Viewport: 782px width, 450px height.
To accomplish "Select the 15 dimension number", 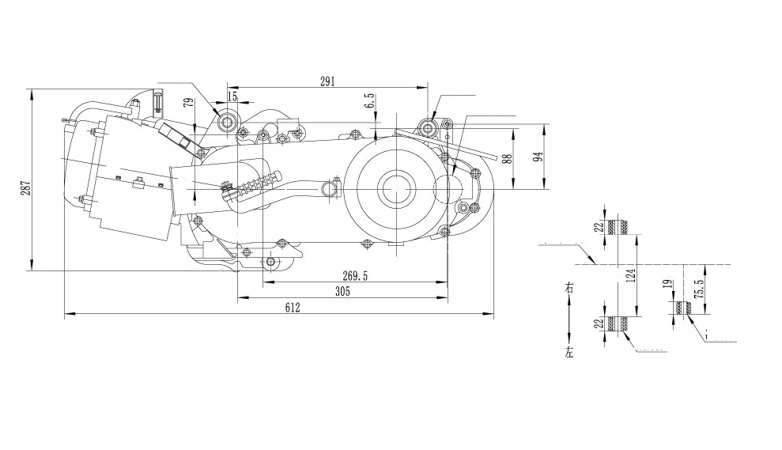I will coord(232,96).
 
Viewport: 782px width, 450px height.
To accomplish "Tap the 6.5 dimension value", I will coord(368,100).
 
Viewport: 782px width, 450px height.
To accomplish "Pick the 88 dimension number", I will coord(507,157).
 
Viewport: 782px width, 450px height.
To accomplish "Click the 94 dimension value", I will coord(538,155).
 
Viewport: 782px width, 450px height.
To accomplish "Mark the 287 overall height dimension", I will coord(25,187).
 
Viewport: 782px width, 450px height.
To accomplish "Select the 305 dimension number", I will coord(342,291).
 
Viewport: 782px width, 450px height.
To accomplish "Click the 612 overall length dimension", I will coord(293,308).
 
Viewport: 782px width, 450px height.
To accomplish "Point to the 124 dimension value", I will coord(630,276).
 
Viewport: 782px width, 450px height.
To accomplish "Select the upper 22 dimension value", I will coord(599,225).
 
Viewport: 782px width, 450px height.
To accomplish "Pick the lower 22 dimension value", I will coord(599,323).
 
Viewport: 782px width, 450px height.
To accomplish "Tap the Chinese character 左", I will coord(569,354).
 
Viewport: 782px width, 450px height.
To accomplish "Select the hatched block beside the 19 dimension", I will coord(682,307).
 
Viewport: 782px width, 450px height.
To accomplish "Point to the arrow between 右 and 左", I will coord(569,320).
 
